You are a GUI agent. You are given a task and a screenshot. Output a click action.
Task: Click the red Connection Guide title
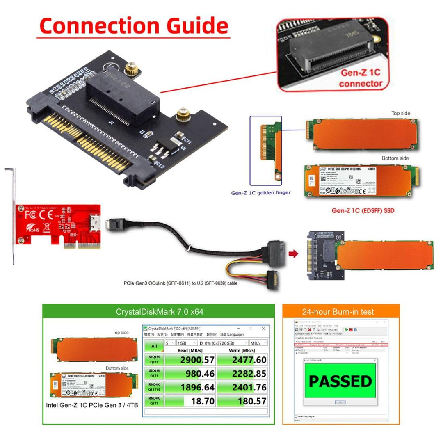133,25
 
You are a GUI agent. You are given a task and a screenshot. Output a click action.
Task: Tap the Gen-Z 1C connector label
361,78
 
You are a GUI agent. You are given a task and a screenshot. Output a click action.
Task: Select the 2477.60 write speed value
242,360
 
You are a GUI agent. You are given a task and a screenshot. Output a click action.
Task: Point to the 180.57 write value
242,401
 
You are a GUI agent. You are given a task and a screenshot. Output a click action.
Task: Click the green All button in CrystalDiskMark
154,346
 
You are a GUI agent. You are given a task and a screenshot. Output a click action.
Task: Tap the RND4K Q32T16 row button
154,387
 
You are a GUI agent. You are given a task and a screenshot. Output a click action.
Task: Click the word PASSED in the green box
340,381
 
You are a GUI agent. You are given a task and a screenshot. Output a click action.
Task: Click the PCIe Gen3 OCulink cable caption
180,283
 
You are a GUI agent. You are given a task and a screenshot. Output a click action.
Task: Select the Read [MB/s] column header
189,351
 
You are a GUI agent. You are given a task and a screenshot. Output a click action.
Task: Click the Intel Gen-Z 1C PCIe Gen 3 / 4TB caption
92,405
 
